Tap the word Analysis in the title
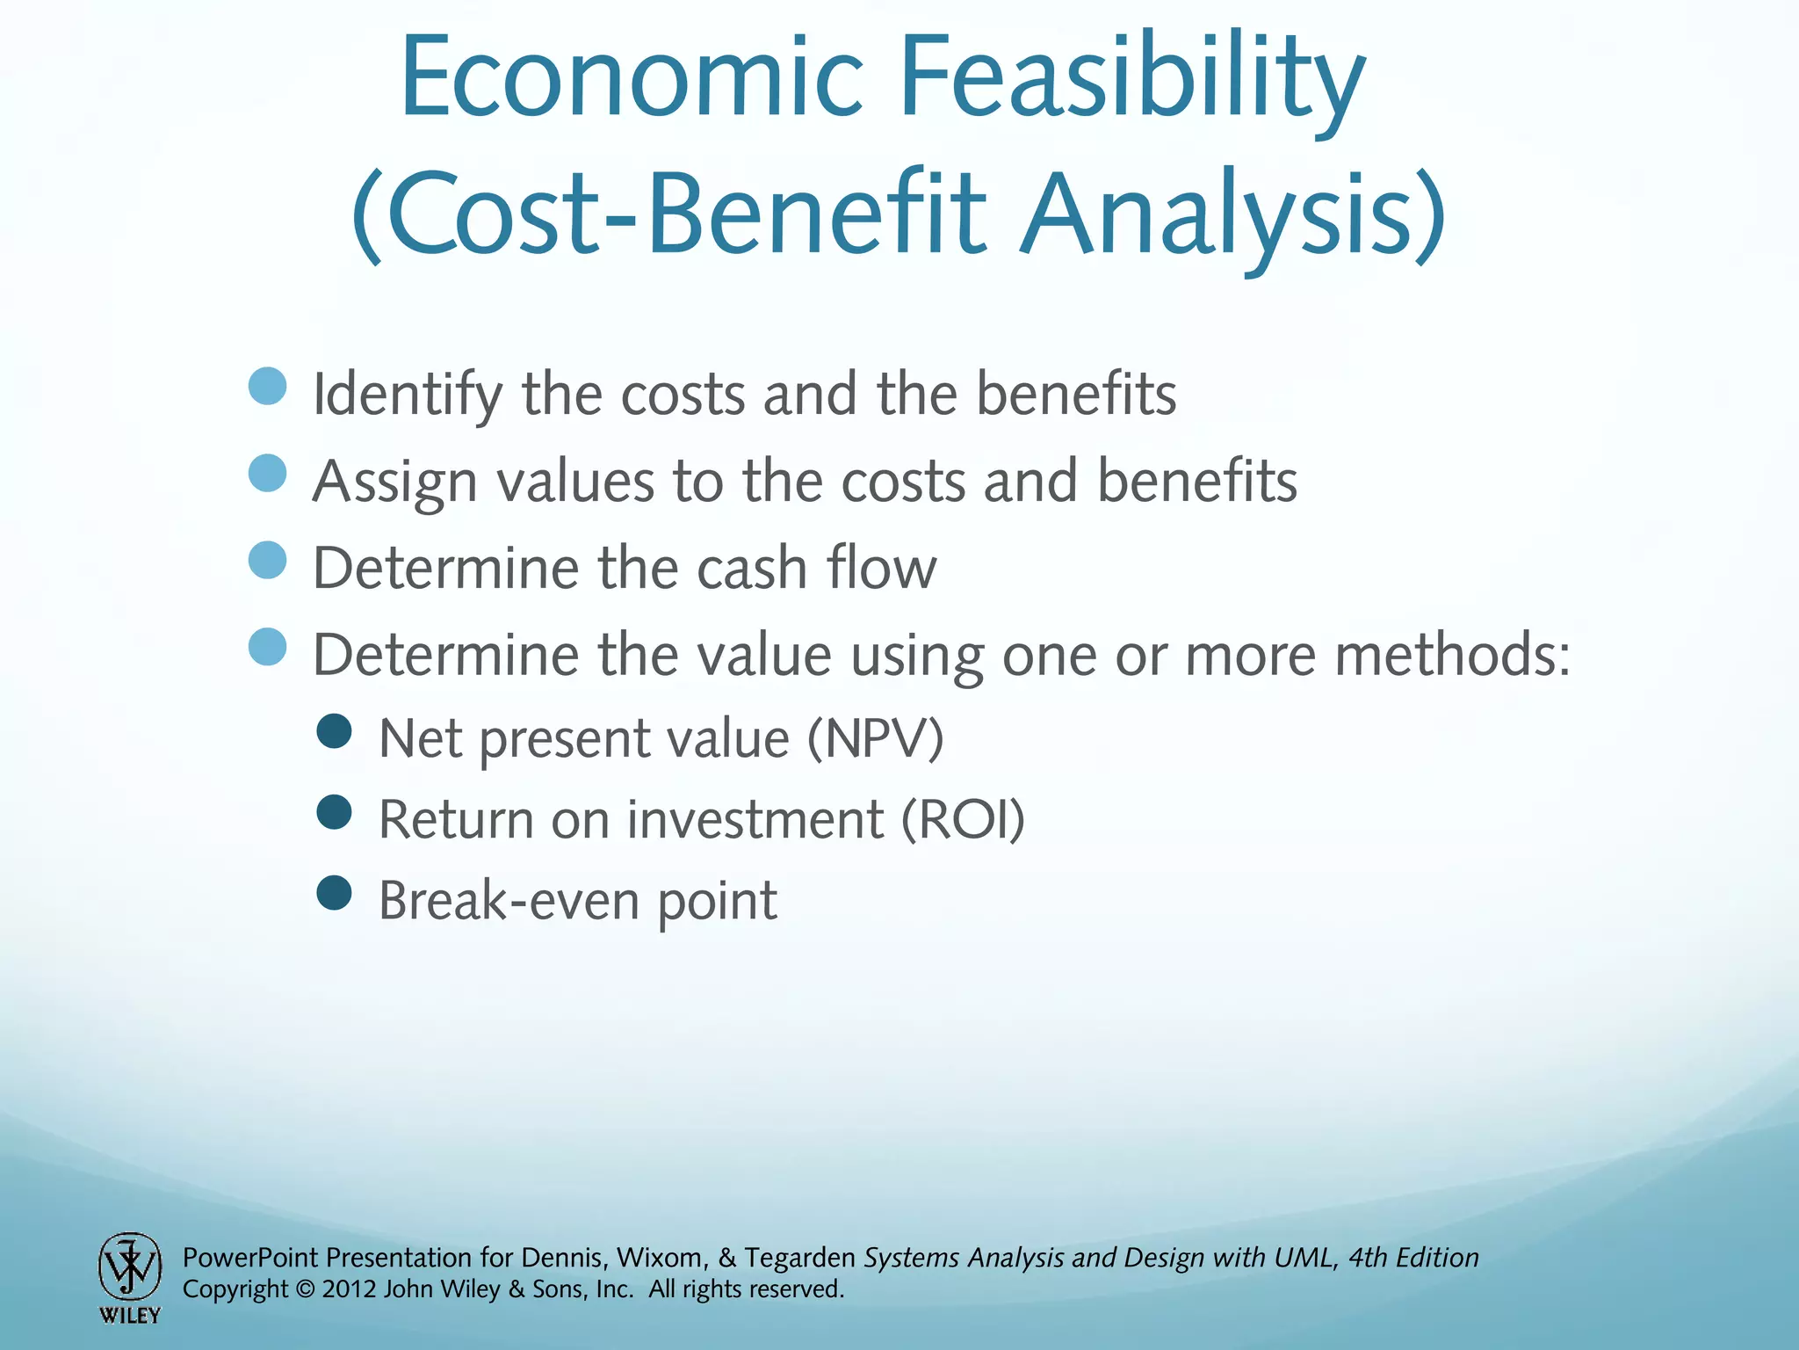1230,215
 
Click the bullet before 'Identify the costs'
268,387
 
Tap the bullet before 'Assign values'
268,473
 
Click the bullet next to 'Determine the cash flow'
268,560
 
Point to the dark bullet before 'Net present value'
334,731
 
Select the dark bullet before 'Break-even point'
334,894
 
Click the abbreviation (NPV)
875,738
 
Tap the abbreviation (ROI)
963,820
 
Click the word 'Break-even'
508,901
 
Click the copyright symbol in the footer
305,1289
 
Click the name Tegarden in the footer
799,1258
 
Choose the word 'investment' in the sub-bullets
755,820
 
